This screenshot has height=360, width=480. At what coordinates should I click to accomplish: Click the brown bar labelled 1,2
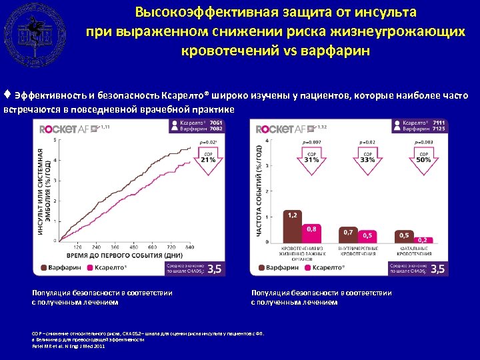coord(293,227)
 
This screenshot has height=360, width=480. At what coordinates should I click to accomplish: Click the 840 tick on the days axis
coord(190,247)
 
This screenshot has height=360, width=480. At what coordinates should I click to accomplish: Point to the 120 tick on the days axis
coord(78,247)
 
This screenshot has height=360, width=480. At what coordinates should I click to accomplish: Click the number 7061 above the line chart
coord(216,123)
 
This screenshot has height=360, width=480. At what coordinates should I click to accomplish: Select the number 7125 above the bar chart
coord(438,129)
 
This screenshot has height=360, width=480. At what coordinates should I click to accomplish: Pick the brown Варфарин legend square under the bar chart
coord(261,268)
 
